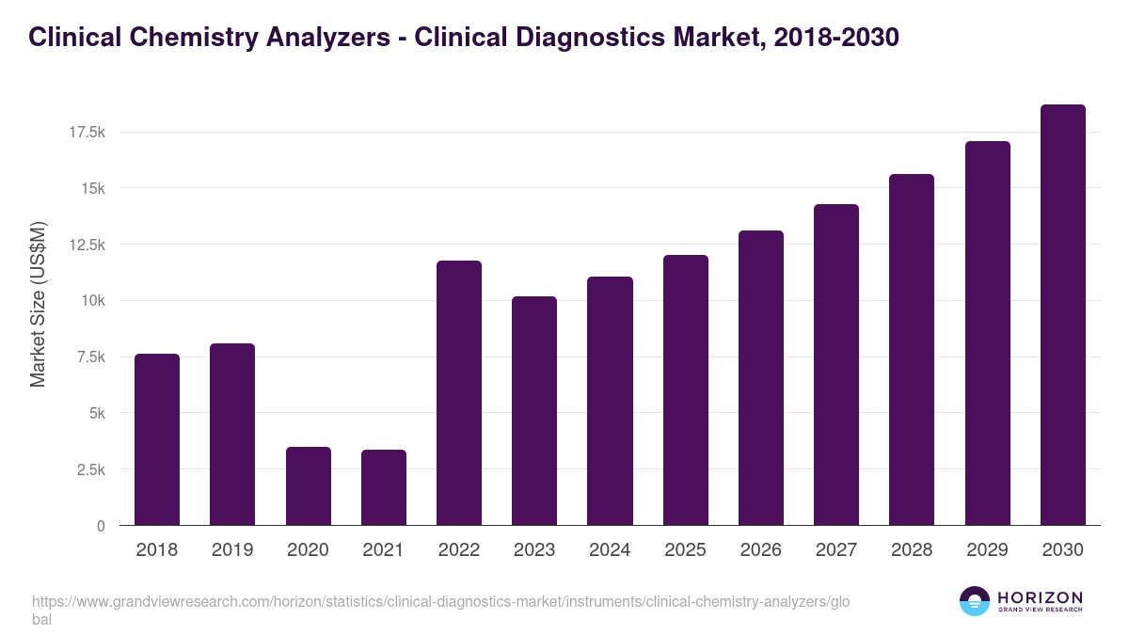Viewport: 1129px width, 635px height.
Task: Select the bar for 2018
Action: (157, 439)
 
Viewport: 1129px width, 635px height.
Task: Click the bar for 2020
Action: (308, 485)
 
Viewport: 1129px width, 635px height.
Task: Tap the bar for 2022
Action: (459, 393)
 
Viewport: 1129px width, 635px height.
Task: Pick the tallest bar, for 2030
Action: (1062, 315)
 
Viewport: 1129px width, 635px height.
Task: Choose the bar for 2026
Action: (760, 378)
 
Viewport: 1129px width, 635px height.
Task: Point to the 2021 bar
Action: (384, 487)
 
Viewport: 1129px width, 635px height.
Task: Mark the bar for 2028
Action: (912, 350)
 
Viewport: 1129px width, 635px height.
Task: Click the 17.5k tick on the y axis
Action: (87, 133)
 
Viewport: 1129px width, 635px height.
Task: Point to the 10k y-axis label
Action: (92, 301)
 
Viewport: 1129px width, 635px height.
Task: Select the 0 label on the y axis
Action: (100, 526)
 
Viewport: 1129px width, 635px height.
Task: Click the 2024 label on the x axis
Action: (610, 550)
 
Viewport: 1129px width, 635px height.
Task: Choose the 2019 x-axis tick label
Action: (232, 550)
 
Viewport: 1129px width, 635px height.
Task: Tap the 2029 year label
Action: (987, 550)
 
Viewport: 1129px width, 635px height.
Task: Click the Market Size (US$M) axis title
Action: (39, 305)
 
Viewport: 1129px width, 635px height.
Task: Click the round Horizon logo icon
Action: (975, 601)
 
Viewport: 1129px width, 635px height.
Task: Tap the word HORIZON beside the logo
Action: (1040, 597)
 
